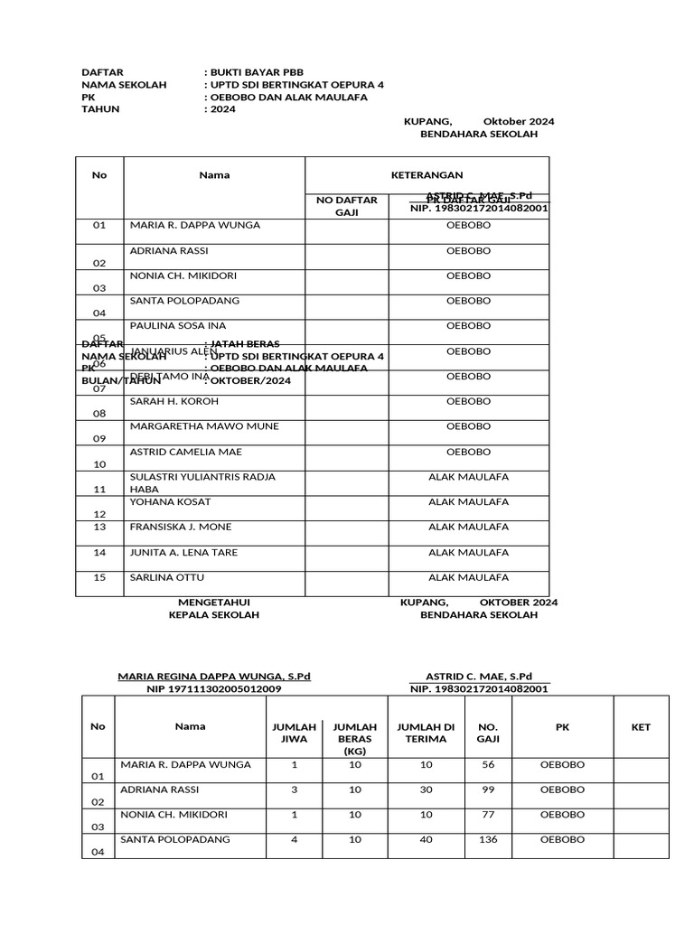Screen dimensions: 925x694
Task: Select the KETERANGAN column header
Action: (x=427, y=175)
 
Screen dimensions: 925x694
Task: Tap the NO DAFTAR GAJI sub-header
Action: (x=347, y=207)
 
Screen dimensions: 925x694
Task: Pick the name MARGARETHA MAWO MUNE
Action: (x=204, y=426)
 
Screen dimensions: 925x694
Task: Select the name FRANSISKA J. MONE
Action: (x=181, y=527)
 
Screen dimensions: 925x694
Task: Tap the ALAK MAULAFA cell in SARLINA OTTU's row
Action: (x=468, y=577)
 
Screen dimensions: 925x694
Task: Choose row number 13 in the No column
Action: (x=99, y=527)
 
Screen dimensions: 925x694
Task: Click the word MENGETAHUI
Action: (x=213, y=602)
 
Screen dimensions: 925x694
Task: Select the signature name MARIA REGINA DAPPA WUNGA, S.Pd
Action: (x=214, y=676)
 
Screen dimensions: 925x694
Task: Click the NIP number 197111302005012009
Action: (x=214, y=688)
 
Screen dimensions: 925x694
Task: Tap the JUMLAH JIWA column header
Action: (x=295, y=733)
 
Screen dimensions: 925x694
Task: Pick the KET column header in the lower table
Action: (x=641, y=726)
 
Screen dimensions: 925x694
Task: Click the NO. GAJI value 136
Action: (x=487, y=839)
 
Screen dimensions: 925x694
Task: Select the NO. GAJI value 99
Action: (x=487, y=790)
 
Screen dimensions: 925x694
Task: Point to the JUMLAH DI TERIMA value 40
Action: (x=422, y=839)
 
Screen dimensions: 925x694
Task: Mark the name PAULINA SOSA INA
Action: (x=178, y=325)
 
